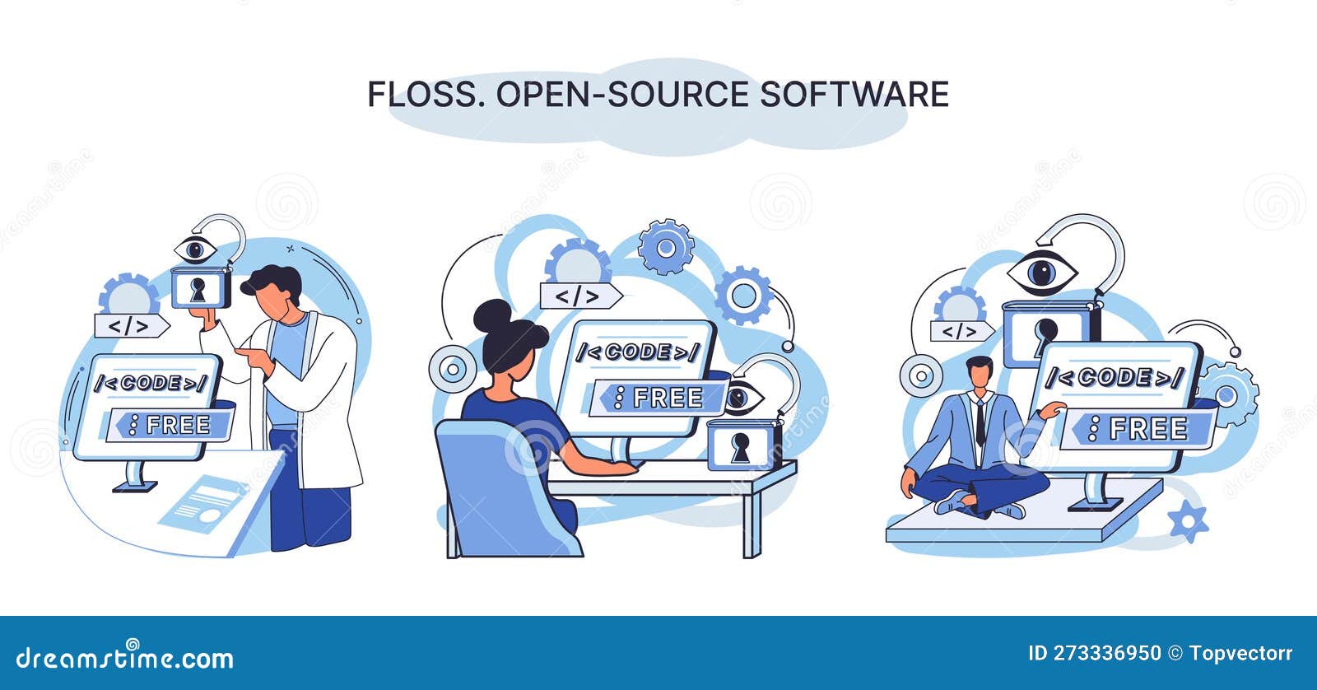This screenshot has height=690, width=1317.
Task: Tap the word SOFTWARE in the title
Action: (854, 95)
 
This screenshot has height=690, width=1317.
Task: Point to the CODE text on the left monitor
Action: (151, 383)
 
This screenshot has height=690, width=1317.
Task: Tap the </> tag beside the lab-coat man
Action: (130, 326)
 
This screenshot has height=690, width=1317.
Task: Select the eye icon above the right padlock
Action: (1041, 273)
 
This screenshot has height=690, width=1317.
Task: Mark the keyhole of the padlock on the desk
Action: (741, 447)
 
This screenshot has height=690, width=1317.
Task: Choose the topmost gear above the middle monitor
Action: (666, 246)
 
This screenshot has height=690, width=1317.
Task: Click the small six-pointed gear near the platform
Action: (1188, 520)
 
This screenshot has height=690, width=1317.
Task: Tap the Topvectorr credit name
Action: (1240, 654)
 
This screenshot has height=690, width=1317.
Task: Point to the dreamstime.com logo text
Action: (125, 658)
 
